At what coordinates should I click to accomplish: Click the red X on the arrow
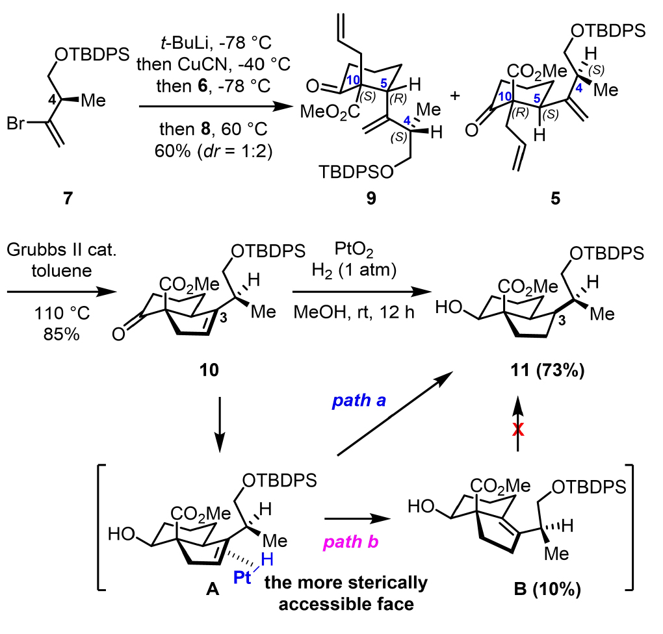(518, 432)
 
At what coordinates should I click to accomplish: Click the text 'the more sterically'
(346, 583)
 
